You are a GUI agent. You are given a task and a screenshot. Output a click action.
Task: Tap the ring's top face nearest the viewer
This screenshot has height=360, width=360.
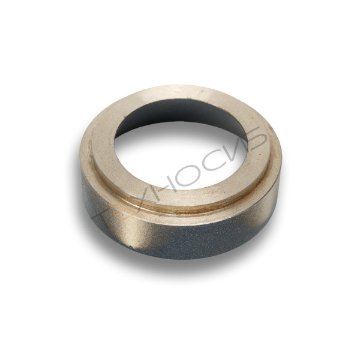(x=180, y=195)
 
